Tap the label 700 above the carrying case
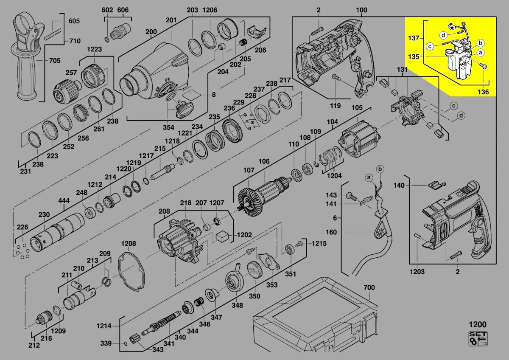click(369, 288)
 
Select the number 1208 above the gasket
click(129, 243)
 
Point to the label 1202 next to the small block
click(245, 235)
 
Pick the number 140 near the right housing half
click(399, 186)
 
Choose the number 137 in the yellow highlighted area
click(414, 38)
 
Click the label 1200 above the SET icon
click(477, 325)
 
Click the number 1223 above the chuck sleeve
click(95, 49)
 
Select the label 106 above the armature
click(264, 161)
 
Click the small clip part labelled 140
click(436, 184)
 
